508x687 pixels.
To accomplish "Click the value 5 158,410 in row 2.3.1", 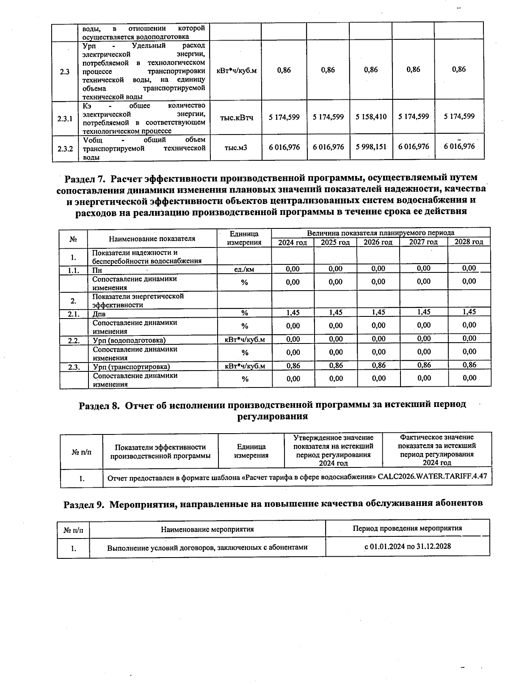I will pos(371,117).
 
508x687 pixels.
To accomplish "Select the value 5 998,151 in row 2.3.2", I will pos(371,147).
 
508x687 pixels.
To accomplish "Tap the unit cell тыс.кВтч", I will pos(236,118).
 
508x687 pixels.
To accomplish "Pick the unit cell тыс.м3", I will pos(236,148).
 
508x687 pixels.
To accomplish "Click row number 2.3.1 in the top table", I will pos(65,119).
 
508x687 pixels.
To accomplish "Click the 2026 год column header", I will pos(378,242).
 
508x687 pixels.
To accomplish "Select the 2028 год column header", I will pos(469,242).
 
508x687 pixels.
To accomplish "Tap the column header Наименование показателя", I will pos(152,239).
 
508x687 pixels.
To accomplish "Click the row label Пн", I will pos(97,270).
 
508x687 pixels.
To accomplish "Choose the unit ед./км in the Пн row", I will pos(244,269).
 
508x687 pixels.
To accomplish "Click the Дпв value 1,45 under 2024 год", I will pos(293,313).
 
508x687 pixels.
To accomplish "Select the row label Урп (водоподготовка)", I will pos(129,340).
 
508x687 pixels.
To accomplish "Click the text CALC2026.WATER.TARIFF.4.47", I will pos(432,476).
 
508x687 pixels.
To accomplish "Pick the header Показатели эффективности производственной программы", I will pos(160,451).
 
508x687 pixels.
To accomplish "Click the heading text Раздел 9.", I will pos(83,504).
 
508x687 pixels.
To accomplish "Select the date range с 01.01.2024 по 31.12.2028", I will pos(408,546).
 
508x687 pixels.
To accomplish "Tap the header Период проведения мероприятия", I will pos(407,528).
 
